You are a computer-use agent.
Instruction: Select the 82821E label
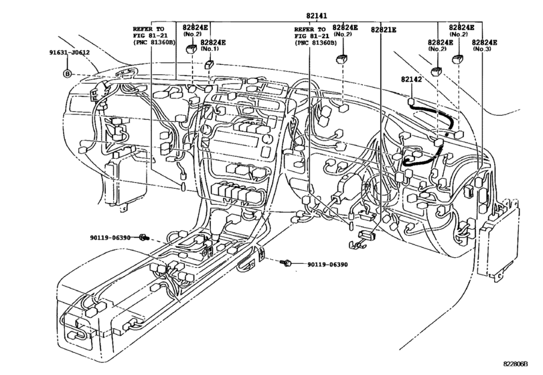click(381, 29)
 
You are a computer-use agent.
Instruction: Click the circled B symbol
click(67, 73)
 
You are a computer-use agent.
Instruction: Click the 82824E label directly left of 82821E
click(344, 29)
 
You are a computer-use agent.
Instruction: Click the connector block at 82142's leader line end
click(411, 101)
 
